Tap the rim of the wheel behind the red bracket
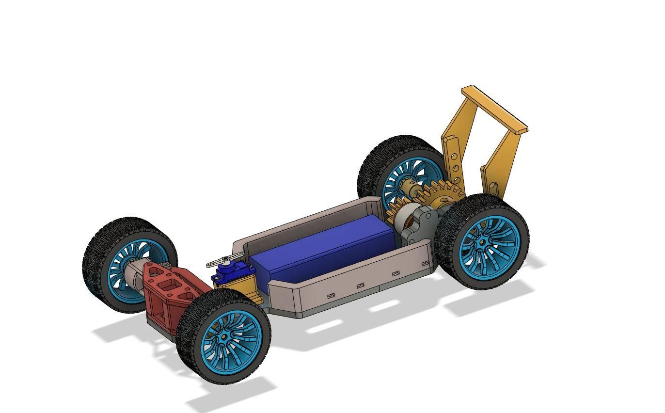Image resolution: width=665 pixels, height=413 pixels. coord(116,271)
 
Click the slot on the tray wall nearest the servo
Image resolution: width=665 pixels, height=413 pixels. coord(332,295)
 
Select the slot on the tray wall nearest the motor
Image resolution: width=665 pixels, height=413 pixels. coord(426,263)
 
